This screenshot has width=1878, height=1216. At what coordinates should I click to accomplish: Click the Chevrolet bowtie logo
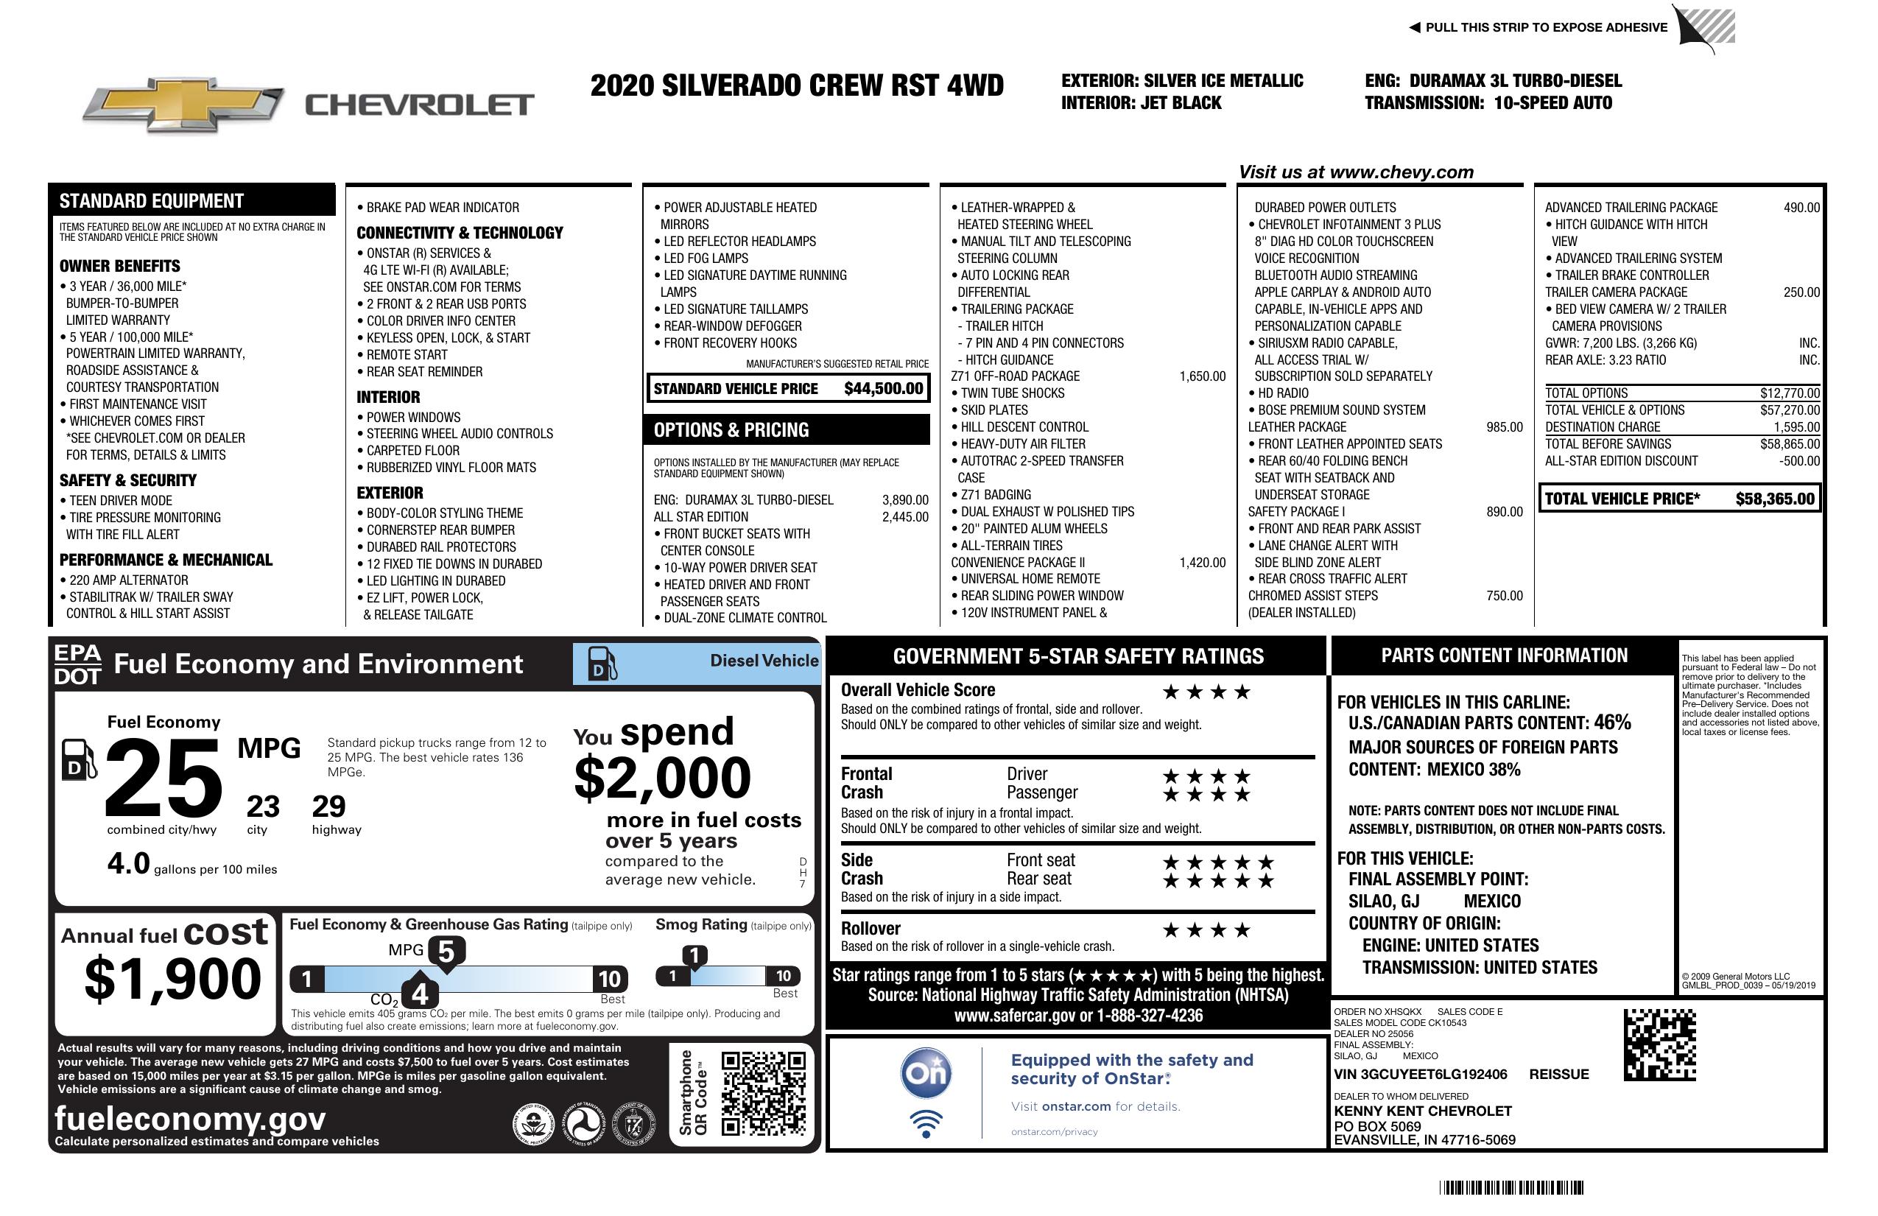183,104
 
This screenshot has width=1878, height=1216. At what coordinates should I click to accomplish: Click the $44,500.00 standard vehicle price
883,388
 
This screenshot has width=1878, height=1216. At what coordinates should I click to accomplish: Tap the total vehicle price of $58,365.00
1775,499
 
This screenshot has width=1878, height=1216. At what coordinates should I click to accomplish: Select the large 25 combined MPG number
163,778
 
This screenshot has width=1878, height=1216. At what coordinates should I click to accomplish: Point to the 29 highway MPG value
328,806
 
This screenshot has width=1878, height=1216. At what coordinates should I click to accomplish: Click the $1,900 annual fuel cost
172,979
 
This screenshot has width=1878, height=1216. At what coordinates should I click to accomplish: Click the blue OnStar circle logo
926,1073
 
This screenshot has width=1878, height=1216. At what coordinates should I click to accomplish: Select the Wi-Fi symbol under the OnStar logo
926,1124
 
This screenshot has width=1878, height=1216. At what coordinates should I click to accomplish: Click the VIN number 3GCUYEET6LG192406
1421,1074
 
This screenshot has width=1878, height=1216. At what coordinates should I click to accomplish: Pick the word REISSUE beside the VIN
1558,1074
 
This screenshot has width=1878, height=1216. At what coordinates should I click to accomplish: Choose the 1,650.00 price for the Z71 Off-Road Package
1202,376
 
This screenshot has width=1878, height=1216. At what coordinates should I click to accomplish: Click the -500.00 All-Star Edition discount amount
1799,461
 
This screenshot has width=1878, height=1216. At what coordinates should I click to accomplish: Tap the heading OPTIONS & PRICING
731,430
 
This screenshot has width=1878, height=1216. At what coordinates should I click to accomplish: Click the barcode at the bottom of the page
1511,1187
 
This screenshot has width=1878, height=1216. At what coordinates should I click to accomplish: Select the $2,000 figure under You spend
662,778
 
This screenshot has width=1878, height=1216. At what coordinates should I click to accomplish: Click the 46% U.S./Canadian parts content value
1611,722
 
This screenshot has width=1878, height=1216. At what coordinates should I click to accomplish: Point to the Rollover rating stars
1206,930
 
